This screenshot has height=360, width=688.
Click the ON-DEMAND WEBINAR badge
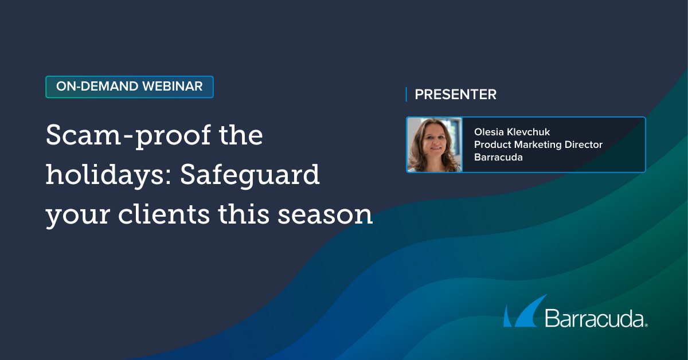(130, 87)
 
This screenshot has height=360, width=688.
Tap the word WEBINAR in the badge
(173, 87)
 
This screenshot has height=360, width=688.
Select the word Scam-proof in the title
(128, 135)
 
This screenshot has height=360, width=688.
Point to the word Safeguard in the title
(250, 175)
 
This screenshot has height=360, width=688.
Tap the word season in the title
(325, 215)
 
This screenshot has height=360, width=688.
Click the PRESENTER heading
(455, 95)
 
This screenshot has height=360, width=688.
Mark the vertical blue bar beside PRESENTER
(406, 95)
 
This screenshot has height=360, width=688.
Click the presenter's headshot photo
(435, 144)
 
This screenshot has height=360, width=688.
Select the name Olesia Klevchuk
(511, 132)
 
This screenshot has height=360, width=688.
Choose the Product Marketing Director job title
(538, 144)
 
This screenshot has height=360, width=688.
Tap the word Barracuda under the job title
(498, 157)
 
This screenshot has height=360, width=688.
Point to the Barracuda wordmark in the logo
(595, 318)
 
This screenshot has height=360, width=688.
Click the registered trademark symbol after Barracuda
(646, 325)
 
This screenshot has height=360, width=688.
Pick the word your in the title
(78, 216)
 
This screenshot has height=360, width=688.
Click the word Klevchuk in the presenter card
(528, 132)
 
